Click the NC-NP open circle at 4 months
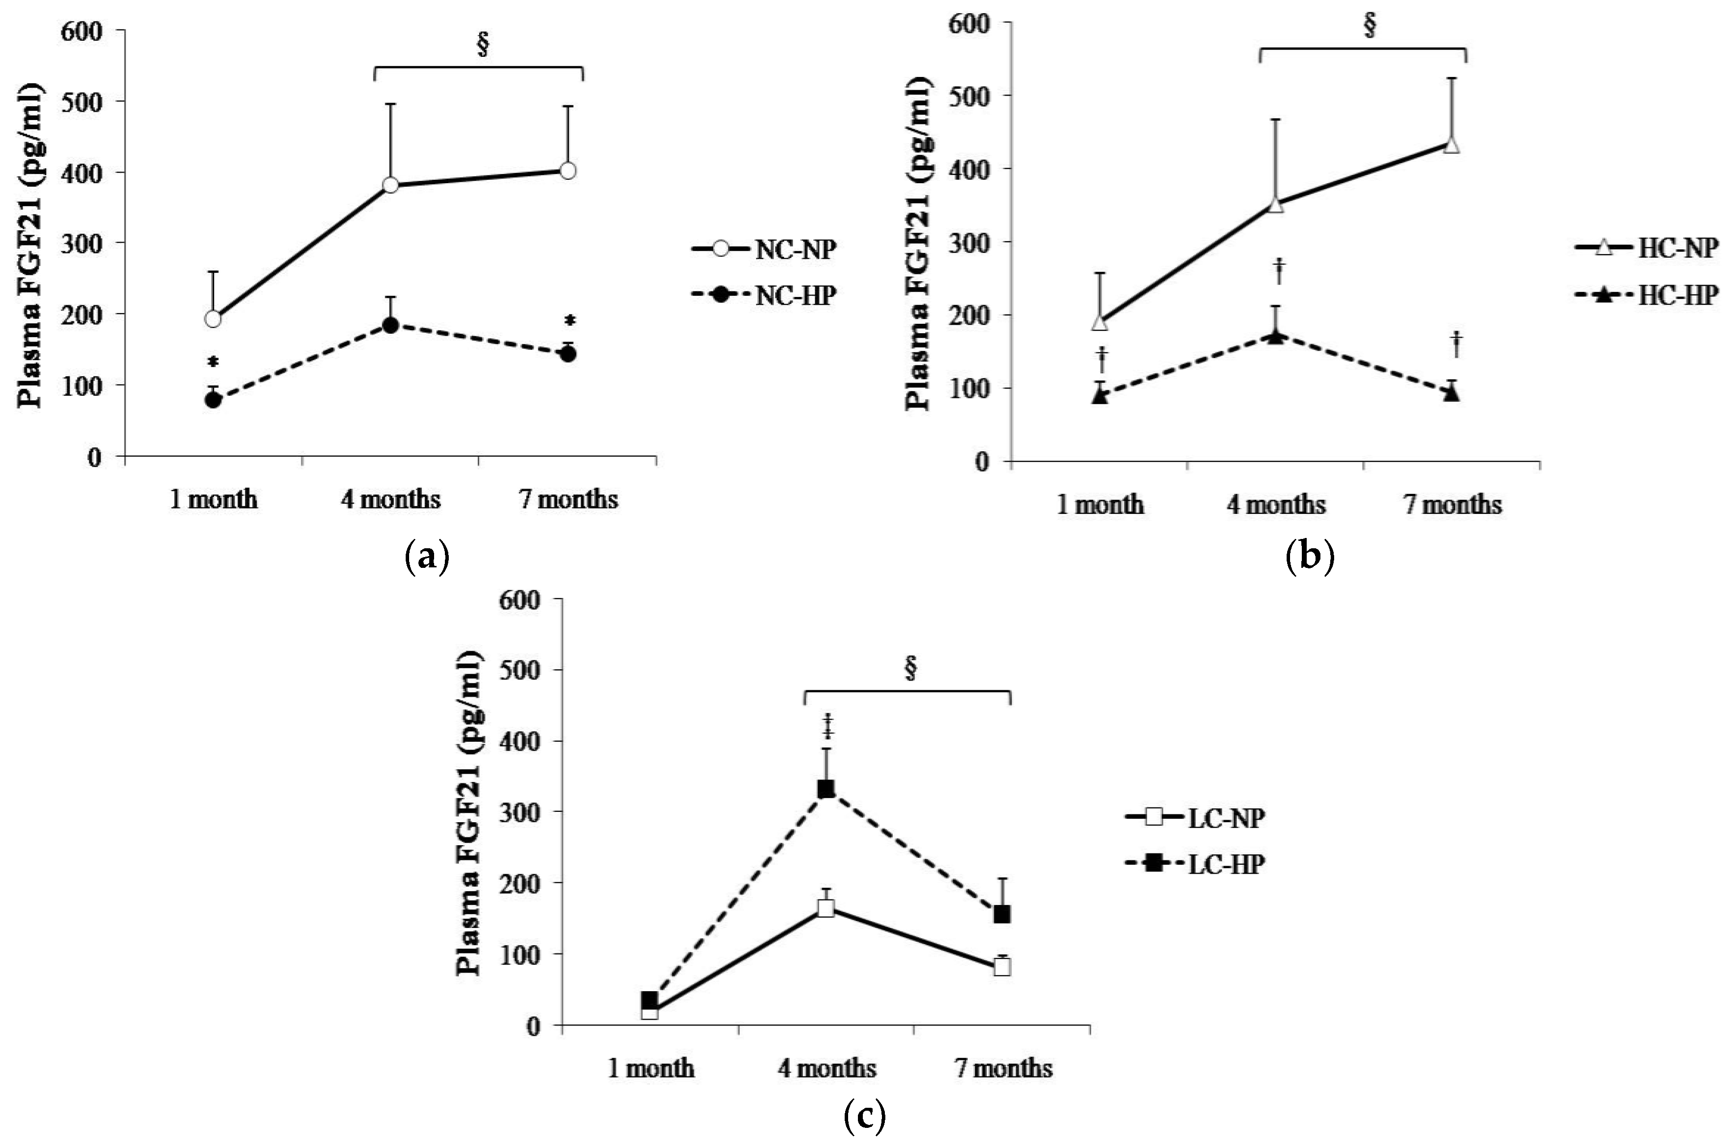click(390, 185)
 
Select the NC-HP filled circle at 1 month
click(214, 400)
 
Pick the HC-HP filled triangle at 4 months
click(1275, 336)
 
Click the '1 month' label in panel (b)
click(1100, 505)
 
